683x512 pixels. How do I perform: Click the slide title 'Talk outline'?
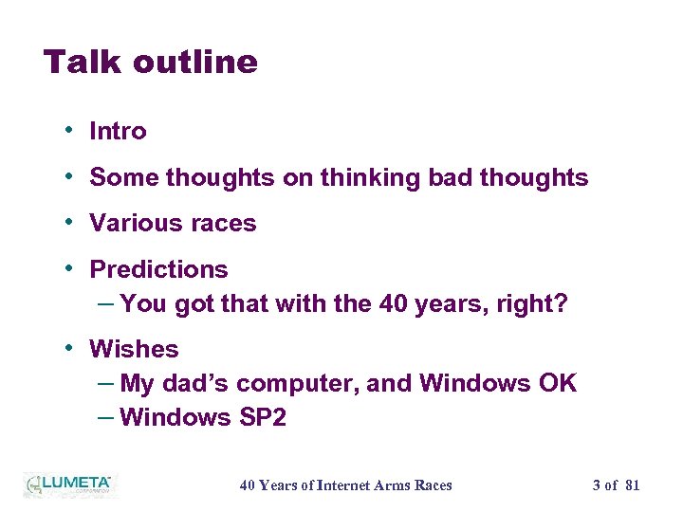151,63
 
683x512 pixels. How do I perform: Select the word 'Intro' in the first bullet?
118,132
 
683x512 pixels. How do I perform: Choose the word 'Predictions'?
158,270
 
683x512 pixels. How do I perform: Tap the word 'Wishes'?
134,349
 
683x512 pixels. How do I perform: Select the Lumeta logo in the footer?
67,485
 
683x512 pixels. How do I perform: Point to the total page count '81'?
632,485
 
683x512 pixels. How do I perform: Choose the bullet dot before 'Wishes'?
71,348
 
